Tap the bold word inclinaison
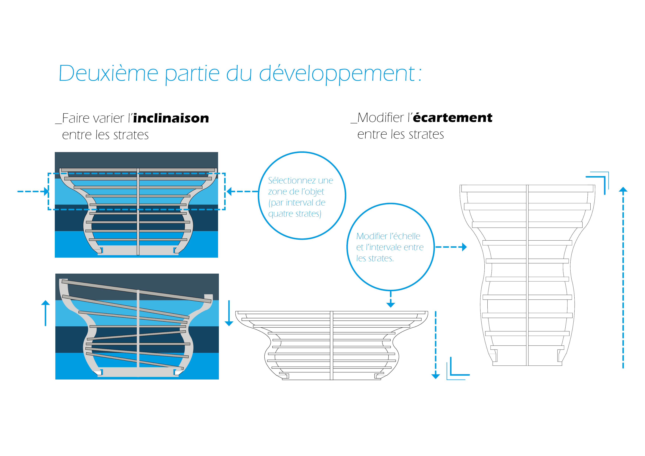click(171, 118)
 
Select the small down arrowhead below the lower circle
click(391, 304)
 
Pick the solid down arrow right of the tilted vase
click(229, 313)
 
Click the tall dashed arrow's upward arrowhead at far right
click(623, 189)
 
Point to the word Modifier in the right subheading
click(381, 117)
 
